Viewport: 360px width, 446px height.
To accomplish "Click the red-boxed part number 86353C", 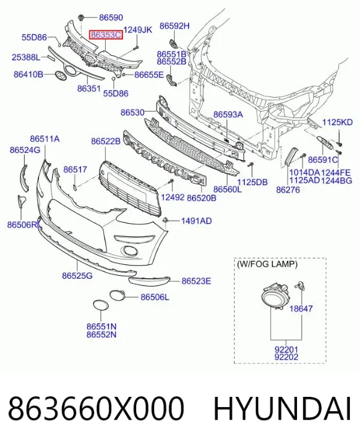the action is tap(106, 35).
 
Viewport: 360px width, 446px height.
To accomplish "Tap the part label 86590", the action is tap(111, 17).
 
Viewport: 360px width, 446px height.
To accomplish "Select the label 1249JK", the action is tap(138, 29).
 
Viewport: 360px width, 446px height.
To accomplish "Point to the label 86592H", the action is tap(174, 26).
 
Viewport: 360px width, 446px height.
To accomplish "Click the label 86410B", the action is tap(28, 74).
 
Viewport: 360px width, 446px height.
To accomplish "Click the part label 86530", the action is tap(133, 112).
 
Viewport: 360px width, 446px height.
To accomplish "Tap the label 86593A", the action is tap(228, 114).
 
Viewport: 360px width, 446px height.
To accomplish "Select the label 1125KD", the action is tap(338, 122).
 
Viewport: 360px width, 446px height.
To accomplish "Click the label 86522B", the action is tap(106, 141).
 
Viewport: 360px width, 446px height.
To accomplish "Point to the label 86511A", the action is tap(44, 139).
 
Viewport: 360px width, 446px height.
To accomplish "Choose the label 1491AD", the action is tap(197, 221).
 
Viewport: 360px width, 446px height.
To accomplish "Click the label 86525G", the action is tap(77, 276).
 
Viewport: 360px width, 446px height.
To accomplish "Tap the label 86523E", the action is tap(196, 281).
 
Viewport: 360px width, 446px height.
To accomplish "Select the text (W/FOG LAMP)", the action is tap(267, 264).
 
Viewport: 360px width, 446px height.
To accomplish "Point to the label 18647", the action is tap(301, 308).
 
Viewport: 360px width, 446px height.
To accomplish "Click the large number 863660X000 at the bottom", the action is tap(96, 409).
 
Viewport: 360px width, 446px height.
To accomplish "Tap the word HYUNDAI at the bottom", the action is tap(283, 409).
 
